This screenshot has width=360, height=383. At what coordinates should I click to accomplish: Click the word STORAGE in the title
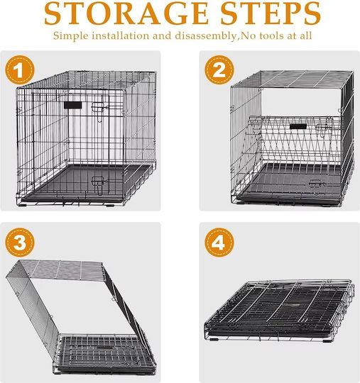tap(126, 13)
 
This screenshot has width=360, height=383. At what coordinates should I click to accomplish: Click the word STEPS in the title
tap(271, 13)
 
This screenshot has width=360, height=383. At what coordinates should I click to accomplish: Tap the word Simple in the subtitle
tap(71, 36)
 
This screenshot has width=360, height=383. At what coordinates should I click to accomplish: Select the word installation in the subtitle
tap(121, 35)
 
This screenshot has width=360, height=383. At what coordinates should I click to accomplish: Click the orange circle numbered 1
tap(20, 70)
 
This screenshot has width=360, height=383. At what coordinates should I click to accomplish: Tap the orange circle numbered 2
tap(219, 70)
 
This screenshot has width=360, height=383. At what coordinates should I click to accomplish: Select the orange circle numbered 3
tap(20, 242)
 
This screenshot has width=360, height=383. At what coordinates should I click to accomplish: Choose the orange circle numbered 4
tap(219, 242)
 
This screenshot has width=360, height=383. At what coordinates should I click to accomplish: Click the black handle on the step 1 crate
tap(72, 105)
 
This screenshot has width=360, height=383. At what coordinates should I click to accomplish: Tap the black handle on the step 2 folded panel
tap(298, 126)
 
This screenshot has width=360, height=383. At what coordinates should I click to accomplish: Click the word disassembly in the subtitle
tap(206, 36)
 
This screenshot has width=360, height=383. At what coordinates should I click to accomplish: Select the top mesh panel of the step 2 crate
tap(293, 79)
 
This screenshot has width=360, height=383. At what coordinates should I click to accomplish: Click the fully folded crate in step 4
tap(279, 310)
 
